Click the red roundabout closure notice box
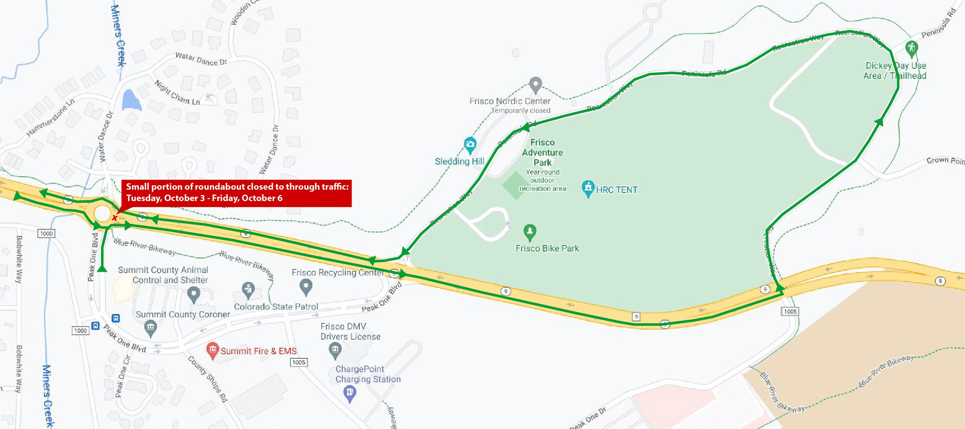pyautogui.click(x=236, y=193)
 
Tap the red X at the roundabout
pyautogui.click(x=114, y=218)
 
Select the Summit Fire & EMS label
pyautogui.click(x=259, y=351)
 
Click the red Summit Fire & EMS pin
pyautogui.click(x=212, y=350)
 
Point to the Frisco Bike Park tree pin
pyautogui.click(x=529, y=232)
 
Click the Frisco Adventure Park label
pyautogui.click(x=542, y=152)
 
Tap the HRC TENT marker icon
pyautogui.click(x=588, y=188)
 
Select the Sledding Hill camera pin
pyautogui.click(x=470, y=144)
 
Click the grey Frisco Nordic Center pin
pyautogui.click(x=535, y=84)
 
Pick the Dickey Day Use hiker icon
pyautogui.click(x=911, y=48)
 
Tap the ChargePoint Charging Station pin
pyautogui.click(x=350, y=393)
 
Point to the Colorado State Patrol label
pyautogui.click(x=276, y=307)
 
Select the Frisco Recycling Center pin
pyautogui.click(x=306, y=287)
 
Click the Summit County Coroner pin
pyautogui.click(x=151, y=328)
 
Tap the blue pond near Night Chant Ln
pyautogui.click(x=131, y=100)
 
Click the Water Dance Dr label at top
pyautogui.click(x=201, y=59)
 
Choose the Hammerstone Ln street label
pyautogui.click(x=50, y=118)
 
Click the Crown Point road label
pyautogui.click(x=945, y=161)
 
